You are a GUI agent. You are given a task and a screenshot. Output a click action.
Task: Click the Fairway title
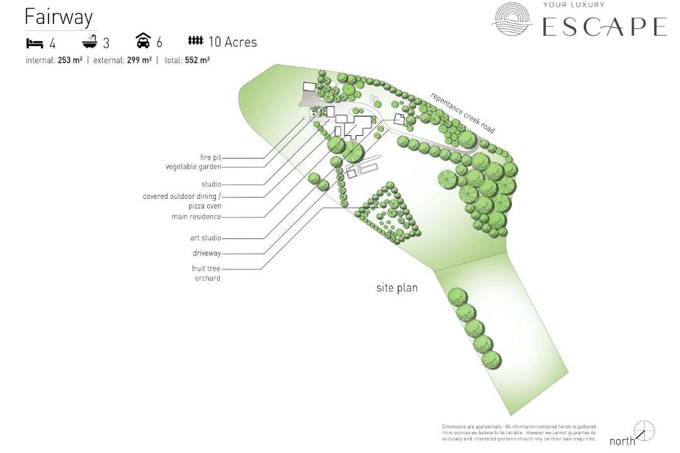[x=59, y=17]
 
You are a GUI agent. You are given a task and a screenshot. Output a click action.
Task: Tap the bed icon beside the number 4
[x=35, y=43]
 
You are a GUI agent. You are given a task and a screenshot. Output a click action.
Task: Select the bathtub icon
[x=89, y=42]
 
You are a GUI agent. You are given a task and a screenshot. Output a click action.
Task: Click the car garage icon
[x=143, y=40]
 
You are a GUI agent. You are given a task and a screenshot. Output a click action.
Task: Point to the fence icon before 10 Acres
[x=196, y=40]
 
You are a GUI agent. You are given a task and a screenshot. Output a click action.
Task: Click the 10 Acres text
[x=233, y=42]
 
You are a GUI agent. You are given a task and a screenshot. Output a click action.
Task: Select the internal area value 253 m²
[x=70, y=60]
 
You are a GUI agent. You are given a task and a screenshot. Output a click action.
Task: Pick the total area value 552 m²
[x=197, y=60]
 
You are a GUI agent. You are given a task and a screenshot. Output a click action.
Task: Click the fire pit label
[x=210, y=157]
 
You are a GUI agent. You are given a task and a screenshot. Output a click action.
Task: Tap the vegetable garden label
[x=193, y=167]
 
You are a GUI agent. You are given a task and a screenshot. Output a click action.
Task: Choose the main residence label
[x=196, y=216]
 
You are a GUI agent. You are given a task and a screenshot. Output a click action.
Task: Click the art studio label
[x=205, y=238]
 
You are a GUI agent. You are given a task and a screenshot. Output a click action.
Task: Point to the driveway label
[x=207, y=253]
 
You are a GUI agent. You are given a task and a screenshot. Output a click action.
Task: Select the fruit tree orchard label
[x=206, y=274]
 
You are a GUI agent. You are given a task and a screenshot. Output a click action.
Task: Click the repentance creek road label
[x=462, y=113]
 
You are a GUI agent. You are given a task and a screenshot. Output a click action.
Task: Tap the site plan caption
[x=397, y=288]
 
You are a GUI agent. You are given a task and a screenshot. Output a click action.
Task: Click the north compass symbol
[x=644, y=431]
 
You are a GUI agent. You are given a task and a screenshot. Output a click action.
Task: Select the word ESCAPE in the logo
[x=604, y=26]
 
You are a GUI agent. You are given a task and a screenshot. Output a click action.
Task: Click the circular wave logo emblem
[x=512, y=19]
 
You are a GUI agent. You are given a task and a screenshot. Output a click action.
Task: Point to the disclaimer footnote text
[x=519, y=433]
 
